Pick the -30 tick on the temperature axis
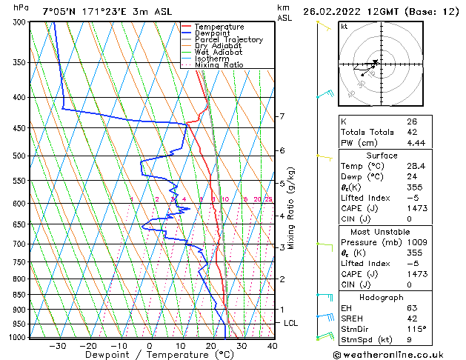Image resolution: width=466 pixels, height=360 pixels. pos(57,345)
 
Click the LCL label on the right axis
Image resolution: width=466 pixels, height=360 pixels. pos(291,324)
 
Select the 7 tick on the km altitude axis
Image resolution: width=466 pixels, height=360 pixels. pos(282,117)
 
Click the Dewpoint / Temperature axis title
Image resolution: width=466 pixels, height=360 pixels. pos(149,355)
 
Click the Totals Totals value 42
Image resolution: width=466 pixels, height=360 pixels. pos(412,132)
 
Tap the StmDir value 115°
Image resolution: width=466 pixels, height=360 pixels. pos(416,329)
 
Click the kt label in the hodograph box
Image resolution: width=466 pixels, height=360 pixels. pos(344,26)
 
